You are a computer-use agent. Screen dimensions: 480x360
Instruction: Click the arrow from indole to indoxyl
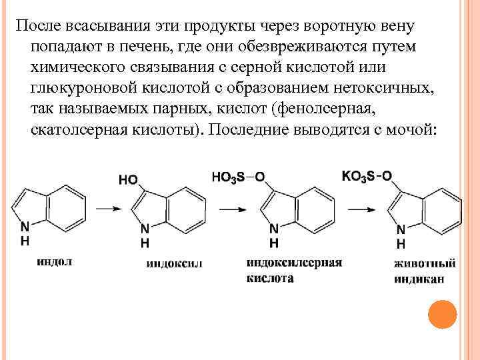point(107,209)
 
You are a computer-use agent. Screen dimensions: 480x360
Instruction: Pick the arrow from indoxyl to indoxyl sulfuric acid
point(231,209)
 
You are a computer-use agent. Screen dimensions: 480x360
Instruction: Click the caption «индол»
point(55,262)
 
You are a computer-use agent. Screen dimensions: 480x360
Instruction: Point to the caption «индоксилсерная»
point(293,263)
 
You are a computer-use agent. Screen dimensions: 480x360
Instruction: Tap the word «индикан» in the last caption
point(418,279)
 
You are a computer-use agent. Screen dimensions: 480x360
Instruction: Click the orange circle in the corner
point(441,315)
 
